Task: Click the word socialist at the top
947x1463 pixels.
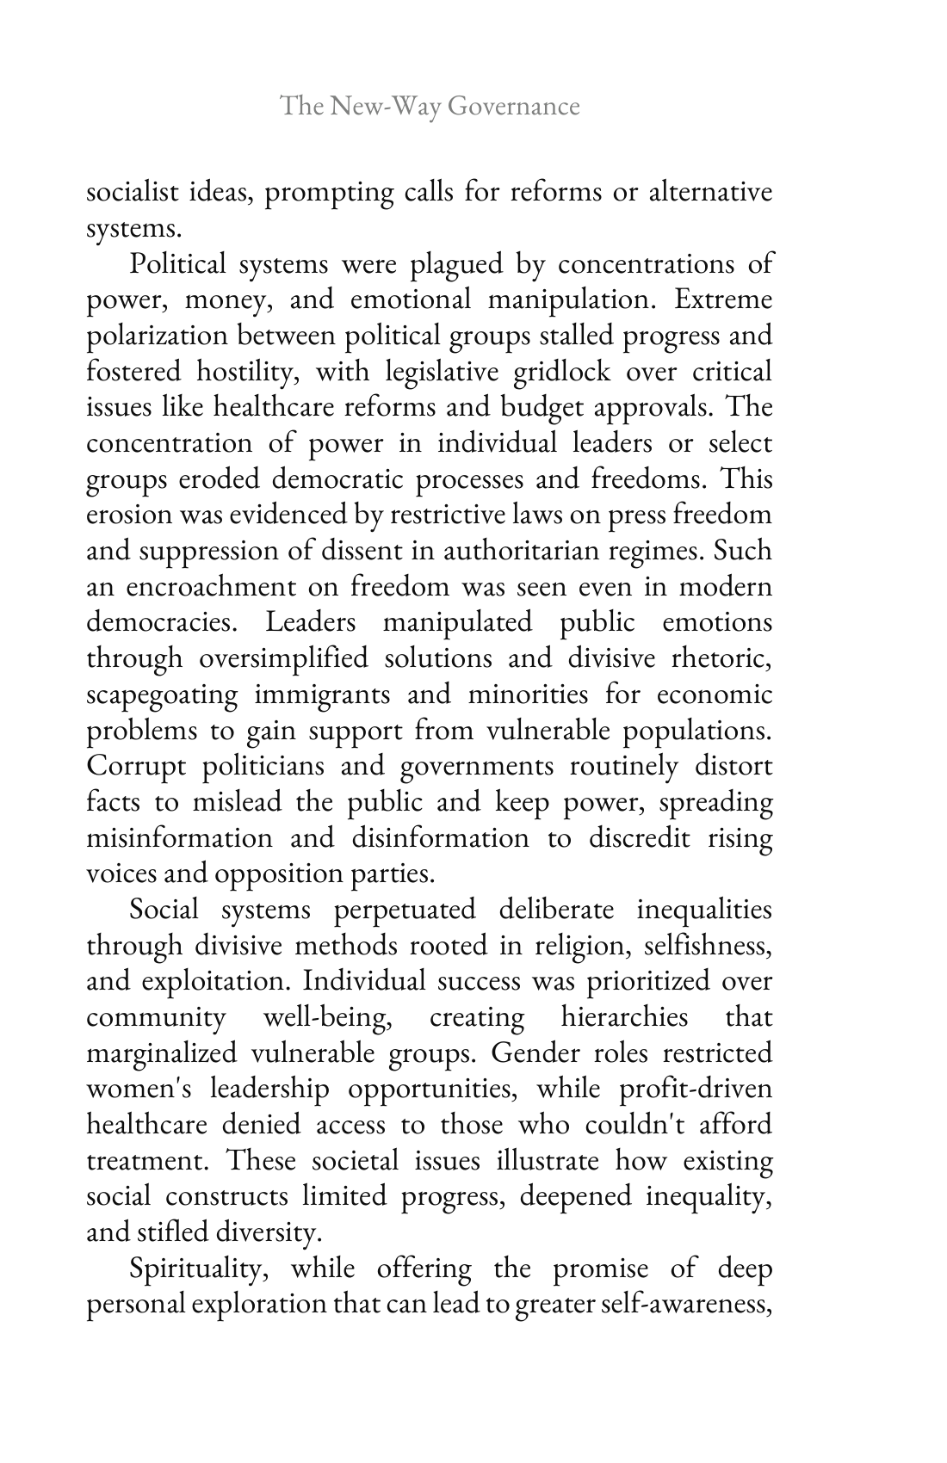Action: (132, 192)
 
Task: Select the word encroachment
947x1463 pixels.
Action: (235, 587)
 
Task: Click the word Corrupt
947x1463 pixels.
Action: (136, 766)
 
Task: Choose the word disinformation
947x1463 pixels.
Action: (440, 837)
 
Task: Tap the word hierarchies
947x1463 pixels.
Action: (624, 1017)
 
